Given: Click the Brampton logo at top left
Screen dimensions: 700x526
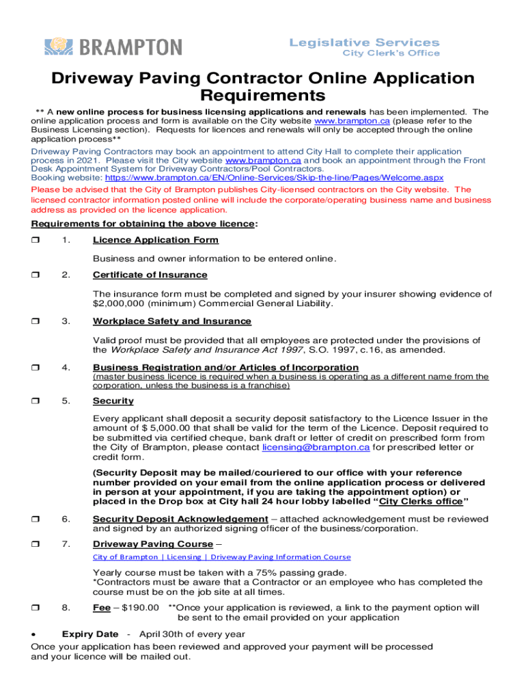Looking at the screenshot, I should click(113, 46).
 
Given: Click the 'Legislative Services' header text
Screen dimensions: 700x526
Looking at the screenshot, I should click(364, 42).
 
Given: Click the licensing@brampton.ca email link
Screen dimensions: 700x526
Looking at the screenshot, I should click(316, 447).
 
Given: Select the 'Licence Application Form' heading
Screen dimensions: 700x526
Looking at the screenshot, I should click(156, 240).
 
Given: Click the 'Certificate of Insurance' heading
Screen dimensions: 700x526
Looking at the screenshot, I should click(150, 275).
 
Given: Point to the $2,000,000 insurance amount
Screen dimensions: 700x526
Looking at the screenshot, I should click(118, 304).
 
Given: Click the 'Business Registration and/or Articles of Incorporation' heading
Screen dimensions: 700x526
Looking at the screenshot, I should click(225, 368).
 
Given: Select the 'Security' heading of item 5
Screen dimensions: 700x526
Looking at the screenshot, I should click(113, 401).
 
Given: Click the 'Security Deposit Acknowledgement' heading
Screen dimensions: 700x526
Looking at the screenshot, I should click(180, 519).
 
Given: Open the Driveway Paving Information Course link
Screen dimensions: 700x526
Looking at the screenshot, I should click(222, 557).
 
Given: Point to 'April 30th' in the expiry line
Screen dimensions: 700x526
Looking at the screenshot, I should click(163, 634).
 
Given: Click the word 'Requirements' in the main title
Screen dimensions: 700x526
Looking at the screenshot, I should click(262, 95).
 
